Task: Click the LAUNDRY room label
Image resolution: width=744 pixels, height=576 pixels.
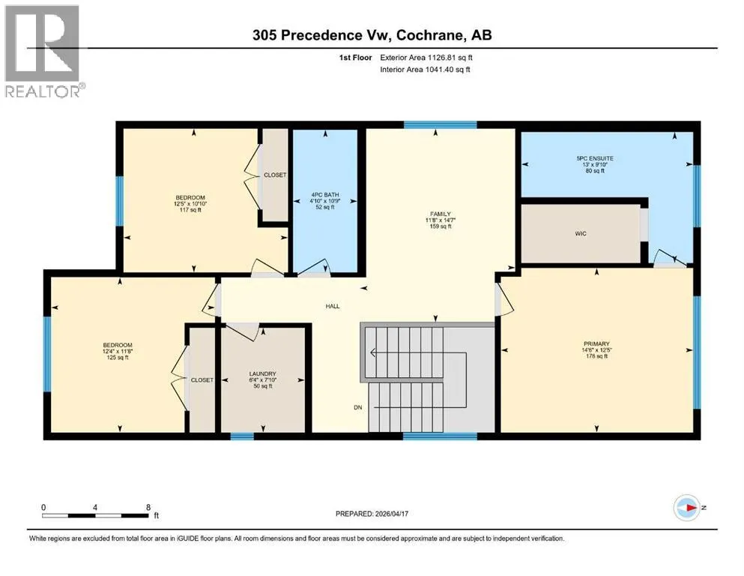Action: pos(262,373)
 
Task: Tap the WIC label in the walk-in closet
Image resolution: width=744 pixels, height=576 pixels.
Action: pos(581,234)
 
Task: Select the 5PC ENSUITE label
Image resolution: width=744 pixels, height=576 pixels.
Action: pos(595,158)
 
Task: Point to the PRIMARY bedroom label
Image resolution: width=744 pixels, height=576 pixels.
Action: pos(596,343)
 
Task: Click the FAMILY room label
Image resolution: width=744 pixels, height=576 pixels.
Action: pos(441,214)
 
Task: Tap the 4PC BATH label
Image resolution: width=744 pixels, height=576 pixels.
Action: pos(325,195)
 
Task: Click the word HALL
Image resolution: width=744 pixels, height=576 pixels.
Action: pos(333,306)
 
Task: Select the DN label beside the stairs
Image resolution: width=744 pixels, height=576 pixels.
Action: pos(358,407)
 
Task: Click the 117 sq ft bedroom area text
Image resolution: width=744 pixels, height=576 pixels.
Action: pos(190,210)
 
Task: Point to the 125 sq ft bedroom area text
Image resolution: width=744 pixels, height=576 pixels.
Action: pos(118,358)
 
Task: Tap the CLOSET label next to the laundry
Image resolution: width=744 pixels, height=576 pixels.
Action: pos(202,380)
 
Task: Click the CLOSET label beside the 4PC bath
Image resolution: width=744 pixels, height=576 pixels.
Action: pos(275,175)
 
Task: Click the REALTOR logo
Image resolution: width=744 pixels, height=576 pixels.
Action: pos(43,51)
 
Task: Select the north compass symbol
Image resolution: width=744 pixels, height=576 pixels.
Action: pos(687,508)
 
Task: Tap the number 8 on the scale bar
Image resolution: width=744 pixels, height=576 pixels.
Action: pos(148,507)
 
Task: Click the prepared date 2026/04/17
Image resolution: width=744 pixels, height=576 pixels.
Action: pos(391,514)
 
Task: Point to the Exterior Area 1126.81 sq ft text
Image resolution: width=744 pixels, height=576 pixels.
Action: pos(426,58)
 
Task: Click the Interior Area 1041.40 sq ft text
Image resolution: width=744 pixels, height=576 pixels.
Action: pos(425,69)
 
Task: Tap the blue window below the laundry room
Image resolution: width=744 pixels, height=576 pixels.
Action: pos(242,436)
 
